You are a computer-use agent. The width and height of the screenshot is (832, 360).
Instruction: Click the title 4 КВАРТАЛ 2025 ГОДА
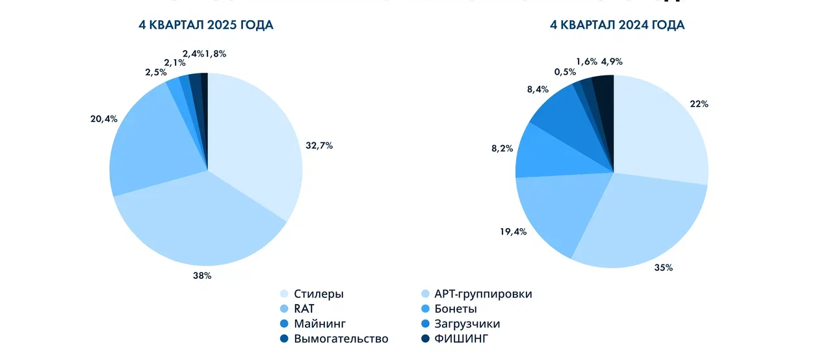205,25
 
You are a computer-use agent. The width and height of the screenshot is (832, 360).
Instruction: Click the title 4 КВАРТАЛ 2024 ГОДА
617,25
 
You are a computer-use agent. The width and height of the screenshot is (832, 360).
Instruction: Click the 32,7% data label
319,146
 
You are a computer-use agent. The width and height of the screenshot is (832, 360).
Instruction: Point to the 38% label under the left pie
202,276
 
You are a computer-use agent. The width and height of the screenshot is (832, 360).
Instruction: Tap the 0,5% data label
564,72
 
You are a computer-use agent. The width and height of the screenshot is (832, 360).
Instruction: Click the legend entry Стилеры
318,294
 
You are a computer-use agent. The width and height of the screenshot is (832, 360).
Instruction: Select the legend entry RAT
304,309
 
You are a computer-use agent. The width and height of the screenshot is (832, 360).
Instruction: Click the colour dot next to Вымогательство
284,339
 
